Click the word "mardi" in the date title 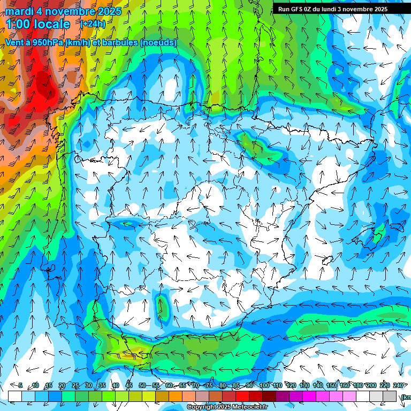[20, 11]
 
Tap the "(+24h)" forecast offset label [93, 24]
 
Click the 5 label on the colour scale [20, 385]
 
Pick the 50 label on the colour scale [142, 385]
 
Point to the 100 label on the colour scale [264, 385]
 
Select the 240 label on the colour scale [398, 385]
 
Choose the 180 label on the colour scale [357, 385]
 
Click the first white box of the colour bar [15, 396]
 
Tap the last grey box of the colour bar [390, 396]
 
